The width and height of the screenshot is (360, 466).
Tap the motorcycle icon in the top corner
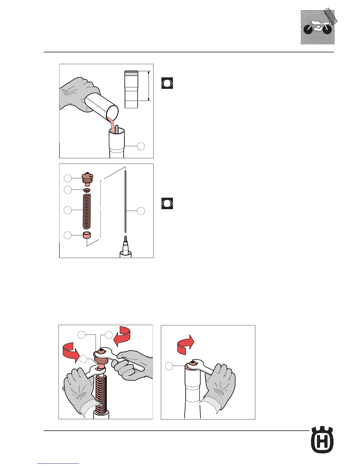click(318, 27)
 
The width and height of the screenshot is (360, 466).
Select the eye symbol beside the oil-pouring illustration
click(167, 83)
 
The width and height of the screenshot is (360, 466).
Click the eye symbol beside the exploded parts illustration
click(167, 204)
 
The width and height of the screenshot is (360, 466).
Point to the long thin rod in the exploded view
click(126, 202)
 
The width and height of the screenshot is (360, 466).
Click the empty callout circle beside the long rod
click(141, 211)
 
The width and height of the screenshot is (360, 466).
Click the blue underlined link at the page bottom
click(58, 464)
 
